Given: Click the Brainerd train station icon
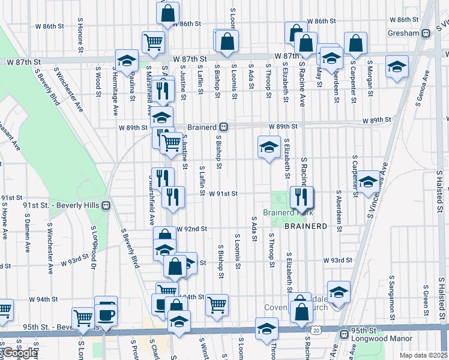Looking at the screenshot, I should tap(223, 127).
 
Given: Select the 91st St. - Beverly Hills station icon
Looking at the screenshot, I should tap(106, 205).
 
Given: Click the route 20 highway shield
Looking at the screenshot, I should tap(316, 330).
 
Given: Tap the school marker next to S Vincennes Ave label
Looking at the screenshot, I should tap(369, 182).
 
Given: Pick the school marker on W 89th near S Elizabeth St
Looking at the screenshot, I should tap(269, 146).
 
